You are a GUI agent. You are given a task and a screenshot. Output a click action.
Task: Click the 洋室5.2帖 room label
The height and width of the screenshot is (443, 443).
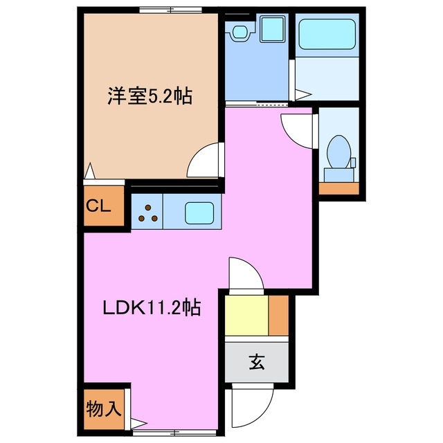tap(149, 97)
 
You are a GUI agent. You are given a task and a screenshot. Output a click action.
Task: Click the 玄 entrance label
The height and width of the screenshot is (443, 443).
tap(256, 361)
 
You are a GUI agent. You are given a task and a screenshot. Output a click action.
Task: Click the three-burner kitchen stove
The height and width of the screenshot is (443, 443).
tap(146, 211)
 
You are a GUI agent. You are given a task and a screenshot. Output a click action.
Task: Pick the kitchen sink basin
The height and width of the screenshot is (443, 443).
tap(200, 211)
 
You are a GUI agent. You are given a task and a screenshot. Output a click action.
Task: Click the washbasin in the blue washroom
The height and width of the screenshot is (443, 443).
tap(240, 31)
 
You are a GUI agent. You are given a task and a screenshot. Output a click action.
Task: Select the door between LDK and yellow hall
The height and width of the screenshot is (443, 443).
tap(246, 275)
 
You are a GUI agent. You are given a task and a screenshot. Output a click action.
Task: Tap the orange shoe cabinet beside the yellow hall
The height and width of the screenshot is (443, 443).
tap(278, 316)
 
